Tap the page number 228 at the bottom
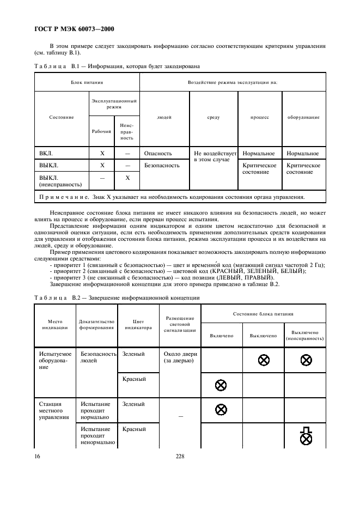[180, 457]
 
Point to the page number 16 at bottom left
[38, 457]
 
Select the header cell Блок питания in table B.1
[87, 82]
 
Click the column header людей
[164, 117]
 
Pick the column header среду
[213, 117]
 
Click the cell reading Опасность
[158, 154]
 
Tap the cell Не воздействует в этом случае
[213, 158]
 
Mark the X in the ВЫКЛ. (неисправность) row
[127, 178]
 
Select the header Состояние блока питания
[263, 314]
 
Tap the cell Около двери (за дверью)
[179, 358]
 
